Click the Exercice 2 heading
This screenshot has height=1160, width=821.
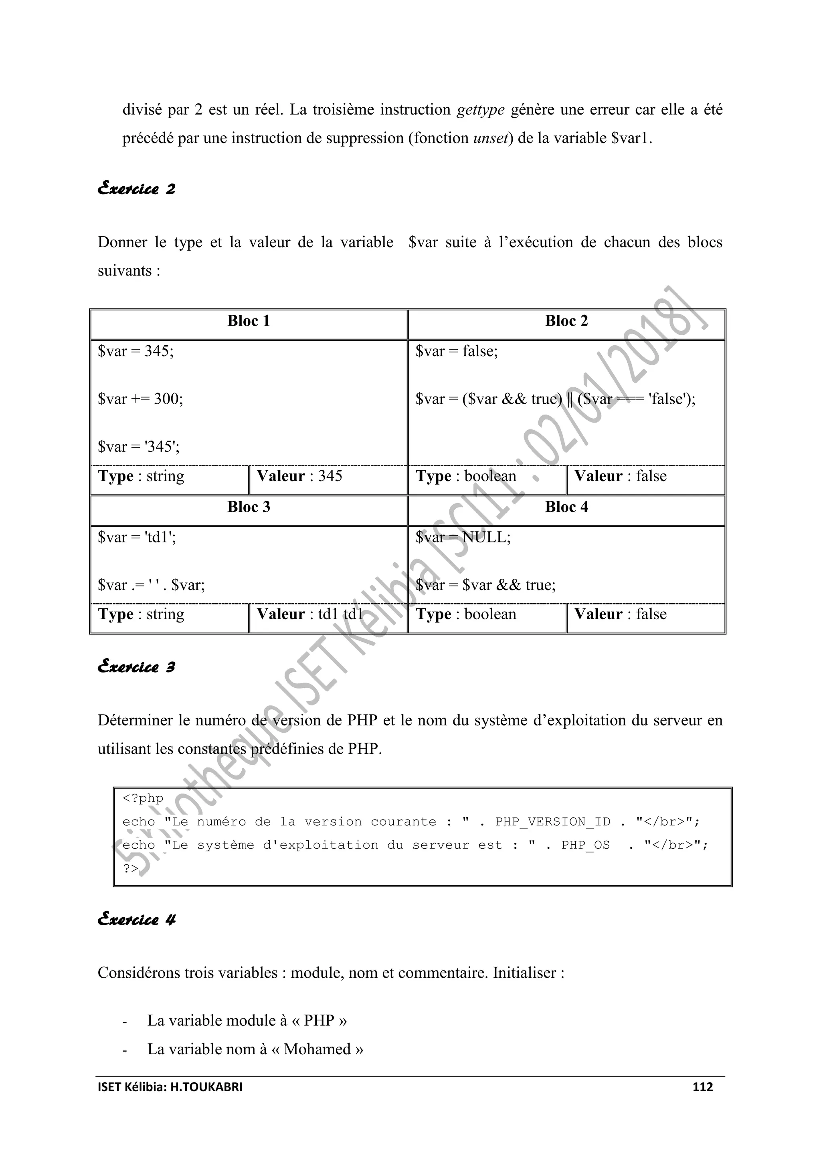point(136,189)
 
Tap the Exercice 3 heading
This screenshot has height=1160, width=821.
point(136,667)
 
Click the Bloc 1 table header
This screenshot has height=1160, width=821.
point(248,321)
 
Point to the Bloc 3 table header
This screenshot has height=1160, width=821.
point(248,507)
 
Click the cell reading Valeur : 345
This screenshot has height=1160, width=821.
point(299,476)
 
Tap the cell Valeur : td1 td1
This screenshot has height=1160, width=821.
point(309,614)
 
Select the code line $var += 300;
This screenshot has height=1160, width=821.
point(141,399)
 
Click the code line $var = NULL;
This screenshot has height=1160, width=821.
point(463,538)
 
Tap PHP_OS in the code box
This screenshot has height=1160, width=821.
point(585,845)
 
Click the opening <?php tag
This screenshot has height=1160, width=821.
point(143,798)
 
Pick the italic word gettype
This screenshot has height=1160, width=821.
point(480,110)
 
